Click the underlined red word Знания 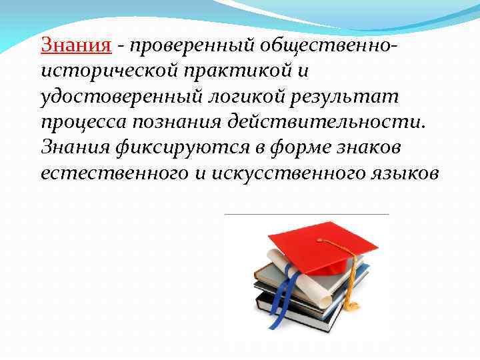pos(75,45)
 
